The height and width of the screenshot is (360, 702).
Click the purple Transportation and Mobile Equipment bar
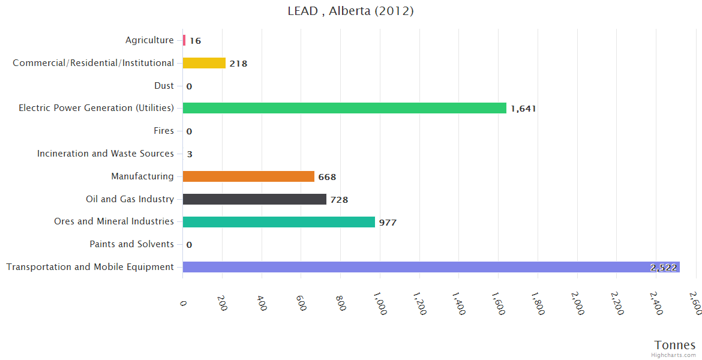pos(431,267)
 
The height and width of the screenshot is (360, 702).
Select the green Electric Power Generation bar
pos(344,108)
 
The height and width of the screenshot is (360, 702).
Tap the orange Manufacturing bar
pos(248,176)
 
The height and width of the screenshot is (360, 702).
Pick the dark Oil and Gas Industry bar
pos(254,199)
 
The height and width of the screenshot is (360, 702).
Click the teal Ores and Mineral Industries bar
pos(278,222)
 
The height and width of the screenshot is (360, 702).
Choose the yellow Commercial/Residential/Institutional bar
pos(204,63)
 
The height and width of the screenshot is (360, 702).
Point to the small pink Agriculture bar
pos(184,40)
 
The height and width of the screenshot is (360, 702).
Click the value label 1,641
pos(523,109)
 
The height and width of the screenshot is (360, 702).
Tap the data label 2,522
pos(663,268)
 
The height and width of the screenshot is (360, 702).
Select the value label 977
pos(388,223)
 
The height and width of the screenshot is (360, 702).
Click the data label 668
pos(327,177)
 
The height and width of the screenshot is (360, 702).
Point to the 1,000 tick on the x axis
pos(380,303)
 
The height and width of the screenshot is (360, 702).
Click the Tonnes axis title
pos(675,345)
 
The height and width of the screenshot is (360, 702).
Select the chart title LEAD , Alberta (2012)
pos(350,11)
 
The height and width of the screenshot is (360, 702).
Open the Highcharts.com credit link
pos(674,355)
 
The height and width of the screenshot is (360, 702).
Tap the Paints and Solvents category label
pos(131,244)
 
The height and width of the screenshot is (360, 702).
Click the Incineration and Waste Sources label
pos(106,154)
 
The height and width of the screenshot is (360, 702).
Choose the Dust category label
pos(164,86)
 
